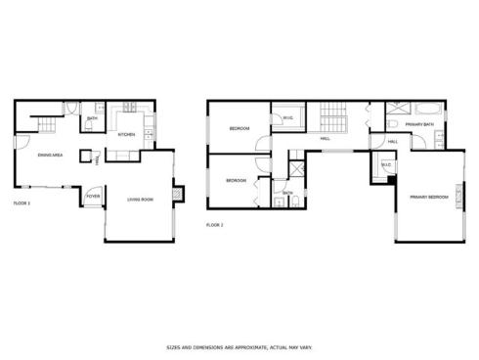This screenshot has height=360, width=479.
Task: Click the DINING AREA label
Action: tap(51, 156)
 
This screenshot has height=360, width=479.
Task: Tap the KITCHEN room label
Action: tap(126, 135)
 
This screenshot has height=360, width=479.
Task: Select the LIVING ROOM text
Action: tap(141, 200)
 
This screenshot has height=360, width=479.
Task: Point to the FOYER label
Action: tap(93, 196)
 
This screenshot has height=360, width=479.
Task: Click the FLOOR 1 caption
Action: tap(22, 202)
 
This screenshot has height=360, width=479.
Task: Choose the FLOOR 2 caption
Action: tap(215, 225)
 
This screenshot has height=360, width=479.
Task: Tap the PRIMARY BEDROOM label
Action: tap(429, 197)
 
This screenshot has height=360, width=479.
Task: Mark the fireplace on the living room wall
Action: tap(176, 193)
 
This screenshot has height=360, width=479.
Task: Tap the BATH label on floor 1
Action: tap(91, 119)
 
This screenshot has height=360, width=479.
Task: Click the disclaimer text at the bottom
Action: tap(239, 346)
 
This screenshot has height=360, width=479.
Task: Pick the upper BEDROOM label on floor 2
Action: tap(239, 129)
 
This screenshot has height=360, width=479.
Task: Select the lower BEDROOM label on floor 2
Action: tap(236, 180)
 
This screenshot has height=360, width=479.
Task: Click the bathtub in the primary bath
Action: tap(428, 108)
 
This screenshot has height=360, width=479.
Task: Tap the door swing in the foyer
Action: tap(91, 190)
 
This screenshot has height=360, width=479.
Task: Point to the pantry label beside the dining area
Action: tap(96, 161)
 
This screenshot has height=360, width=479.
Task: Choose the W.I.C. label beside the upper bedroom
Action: tap(288, 119)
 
